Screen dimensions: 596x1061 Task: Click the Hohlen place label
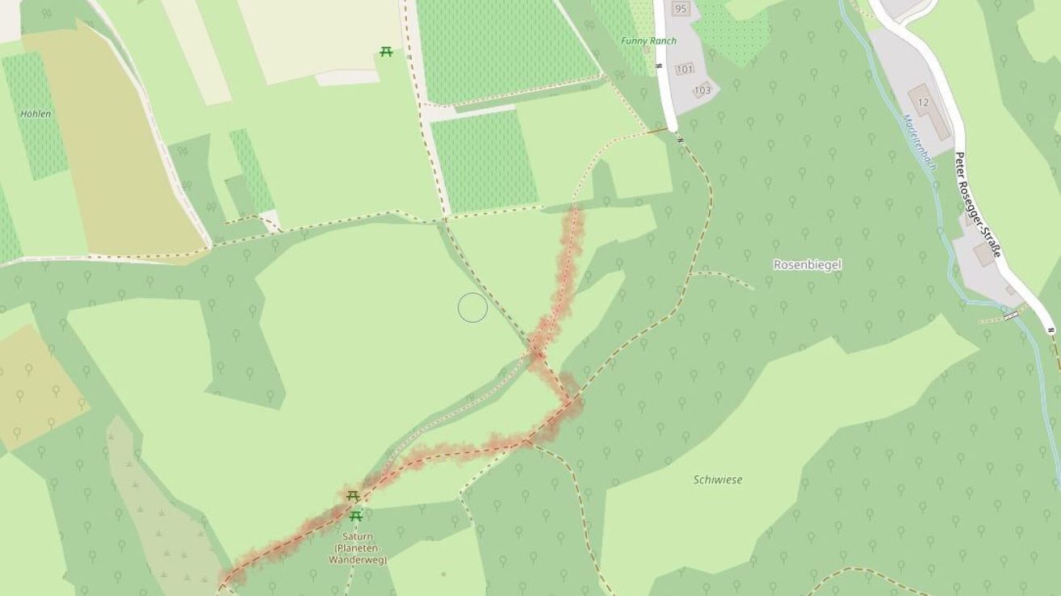pyautogui.click(x=36, y=114)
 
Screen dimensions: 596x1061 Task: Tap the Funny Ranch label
pyautogui.click(x=649, y=41)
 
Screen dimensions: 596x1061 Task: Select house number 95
pyautogui.click(x=680, y=9)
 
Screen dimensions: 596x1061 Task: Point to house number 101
pyautogui.click(x=685, y=69)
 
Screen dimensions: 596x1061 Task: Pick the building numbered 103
pyautogui.click(x=702, y=90)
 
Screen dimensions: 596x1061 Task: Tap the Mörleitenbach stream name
pyautogui.click(x=919, y=142)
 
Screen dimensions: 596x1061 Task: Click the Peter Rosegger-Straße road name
pyautogui.click(x=977, y=204)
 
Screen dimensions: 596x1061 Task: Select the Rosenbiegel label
pyautogui.click(x=807, y=265)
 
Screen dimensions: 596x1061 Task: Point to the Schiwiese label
pyautogui.click(x=717, y=480)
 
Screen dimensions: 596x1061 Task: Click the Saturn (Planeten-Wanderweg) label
pyautogui.click(x=357, y=548)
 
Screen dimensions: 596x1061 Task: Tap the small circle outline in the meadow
pyautogui.click(x=472, y=308)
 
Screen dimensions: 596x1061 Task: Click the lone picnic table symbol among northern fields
pyautogui.click(x=386, y=52)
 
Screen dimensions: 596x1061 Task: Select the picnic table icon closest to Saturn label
pyautogui.click(x=355, y=516)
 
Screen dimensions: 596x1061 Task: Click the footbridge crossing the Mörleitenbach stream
pyautogui.click(x=1009, y=316)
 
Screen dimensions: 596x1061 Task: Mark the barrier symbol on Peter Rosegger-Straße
pyautogui.click(x=1051, y=329)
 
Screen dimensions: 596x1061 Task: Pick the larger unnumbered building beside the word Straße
pyautogui.click(x=985, y=254)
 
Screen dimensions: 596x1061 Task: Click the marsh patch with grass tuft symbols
pyautogui.click(x=166, y=525)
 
